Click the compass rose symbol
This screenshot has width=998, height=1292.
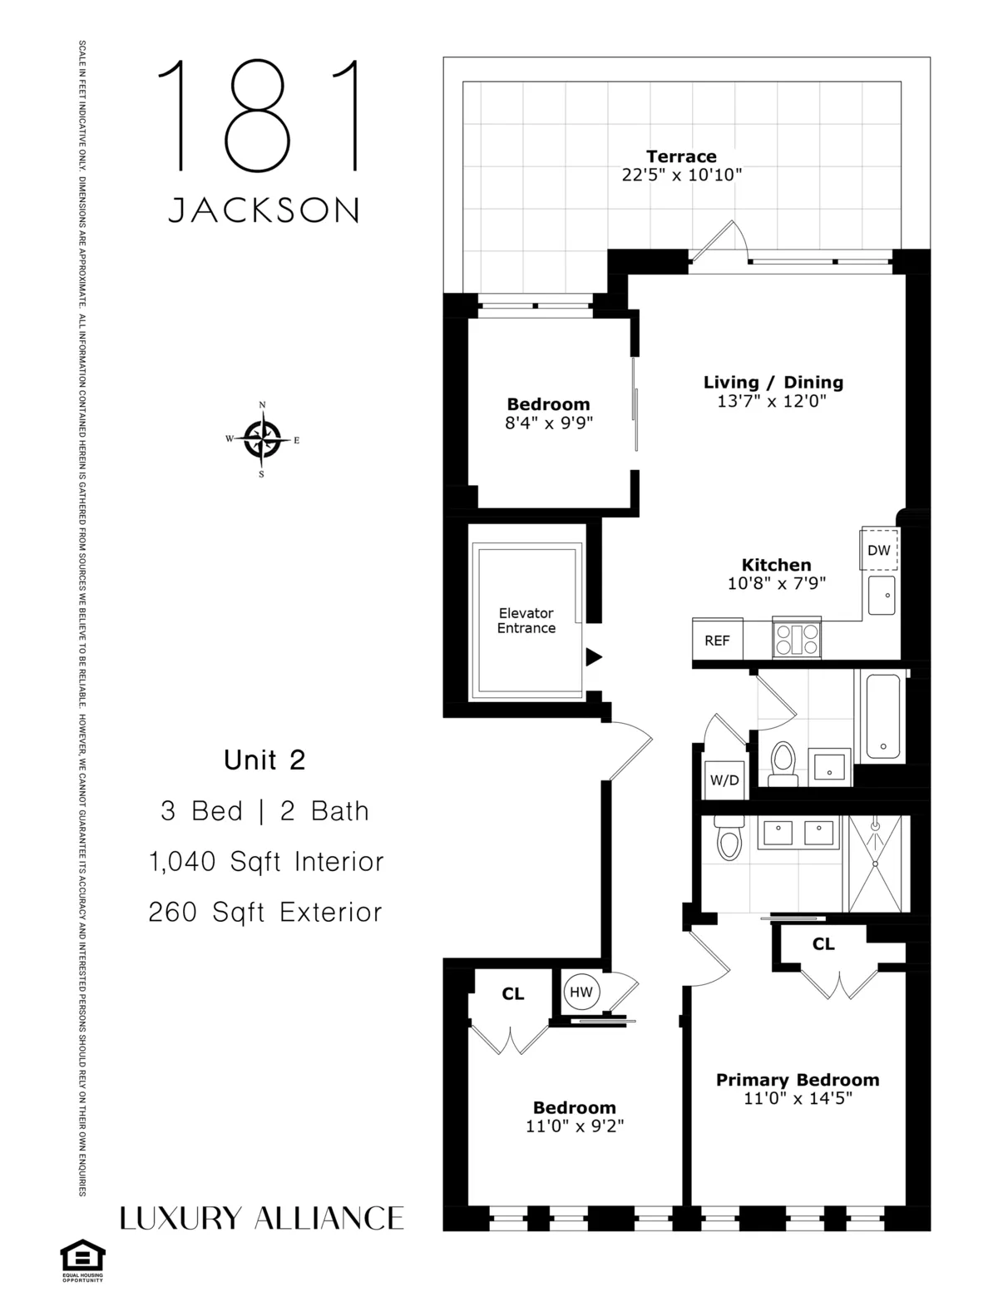262,439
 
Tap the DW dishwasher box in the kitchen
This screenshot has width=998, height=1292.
879,550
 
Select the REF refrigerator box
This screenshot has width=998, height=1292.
717,640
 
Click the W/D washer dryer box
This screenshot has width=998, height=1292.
724,780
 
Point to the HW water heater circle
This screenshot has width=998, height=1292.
581,992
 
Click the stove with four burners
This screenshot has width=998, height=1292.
797,640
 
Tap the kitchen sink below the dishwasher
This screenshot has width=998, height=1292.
882,595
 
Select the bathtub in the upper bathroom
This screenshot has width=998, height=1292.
882,715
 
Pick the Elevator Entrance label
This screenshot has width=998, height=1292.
526,621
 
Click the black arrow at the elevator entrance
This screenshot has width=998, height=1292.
593,657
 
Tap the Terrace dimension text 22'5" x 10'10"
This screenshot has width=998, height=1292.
681,176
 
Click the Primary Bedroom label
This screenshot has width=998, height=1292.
798,1080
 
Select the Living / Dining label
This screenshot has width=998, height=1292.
773,382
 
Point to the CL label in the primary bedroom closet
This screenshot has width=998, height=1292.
823,944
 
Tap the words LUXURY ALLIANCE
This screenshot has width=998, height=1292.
262,1218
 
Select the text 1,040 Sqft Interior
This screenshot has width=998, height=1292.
266,862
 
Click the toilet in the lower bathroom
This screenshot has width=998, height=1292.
729,838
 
